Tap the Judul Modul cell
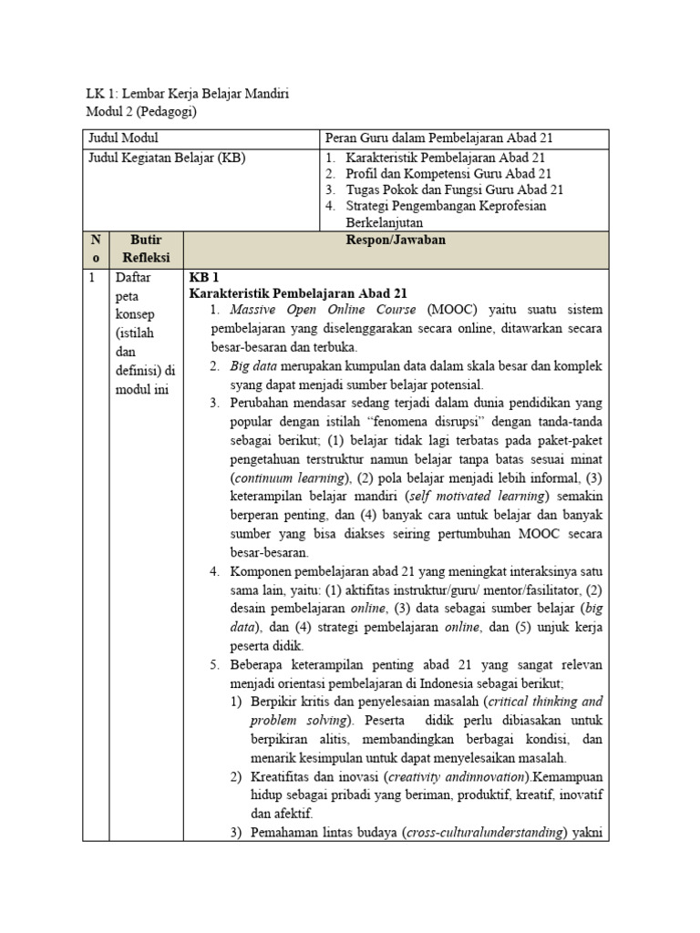click(x=123, y=138)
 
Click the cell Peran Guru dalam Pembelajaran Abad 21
click(x=439, y=138)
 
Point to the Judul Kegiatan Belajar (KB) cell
click(x=166, y=157)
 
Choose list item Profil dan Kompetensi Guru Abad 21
click(x=448, y=173)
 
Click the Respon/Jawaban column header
click(x=396, y=241)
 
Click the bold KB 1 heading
click(x=203, y=277)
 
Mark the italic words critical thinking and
click(x=547, y=701)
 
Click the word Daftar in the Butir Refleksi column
click(x=132, y=278)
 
